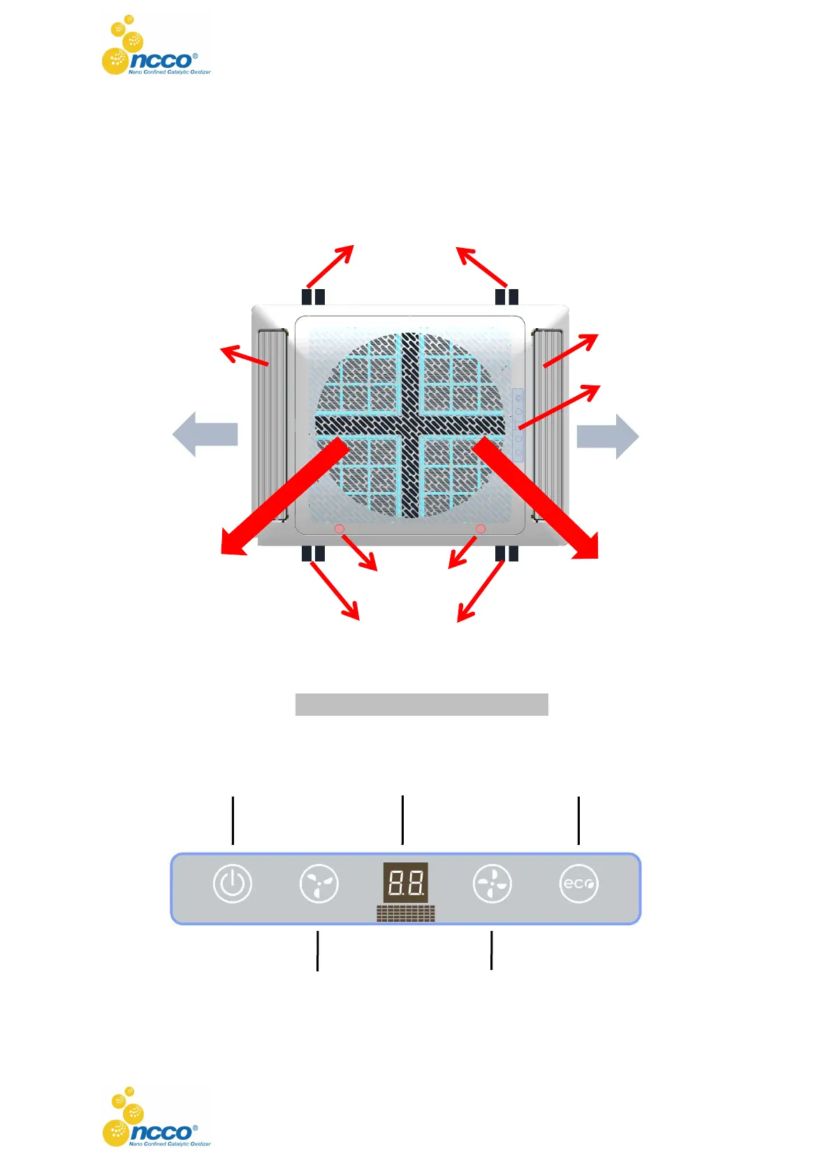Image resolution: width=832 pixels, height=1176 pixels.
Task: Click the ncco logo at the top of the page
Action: point(156,46)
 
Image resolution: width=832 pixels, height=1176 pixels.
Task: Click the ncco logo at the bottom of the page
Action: point(156,1117)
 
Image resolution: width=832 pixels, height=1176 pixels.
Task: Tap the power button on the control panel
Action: point(233,883)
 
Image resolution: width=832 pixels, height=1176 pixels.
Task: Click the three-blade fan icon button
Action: point(319,883)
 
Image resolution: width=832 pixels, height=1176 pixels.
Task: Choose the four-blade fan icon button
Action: point(492,883)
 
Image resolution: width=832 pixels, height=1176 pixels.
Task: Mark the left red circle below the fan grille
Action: point(340,529)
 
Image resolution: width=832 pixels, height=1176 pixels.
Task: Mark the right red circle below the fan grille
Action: point(481,529)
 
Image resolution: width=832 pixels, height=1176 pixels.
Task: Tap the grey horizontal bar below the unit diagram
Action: point(421,705)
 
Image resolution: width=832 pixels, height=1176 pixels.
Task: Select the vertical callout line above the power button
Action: point(233,820)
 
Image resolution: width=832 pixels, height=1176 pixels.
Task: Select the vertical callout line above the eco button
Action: point(578,820)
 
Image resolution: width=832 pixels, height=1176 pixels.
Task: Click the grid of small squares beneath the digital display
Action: point(405,913)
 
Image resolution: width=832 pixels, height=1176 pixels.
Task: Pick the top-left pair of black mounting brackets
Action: point(314,297)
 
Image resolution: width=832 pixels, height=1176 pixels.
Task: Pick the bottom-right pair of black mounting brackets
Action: point(506,554)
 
